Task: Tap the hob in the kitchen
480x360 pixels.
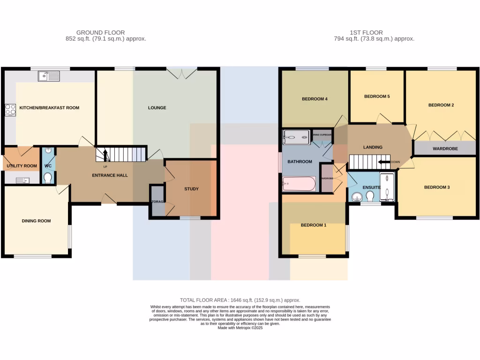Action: coord(10,110)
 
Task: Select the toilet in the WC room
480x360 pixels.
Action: coord(47,178)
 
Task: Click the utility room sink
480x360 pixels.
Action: coord(23,180)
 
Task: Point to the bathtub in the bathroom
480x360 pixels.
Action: coord(299,184)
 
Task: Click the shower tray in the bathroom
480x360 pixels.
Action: coord(296,137)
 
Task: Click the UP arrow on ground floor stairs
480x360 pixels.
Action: coord(105,155)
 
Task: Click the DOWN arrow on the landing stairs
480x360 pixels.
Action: coord(385,162)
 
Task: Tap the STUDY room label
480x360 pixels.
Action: coord(191,189)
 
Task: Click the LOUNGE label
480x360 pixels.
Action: coord(157,108)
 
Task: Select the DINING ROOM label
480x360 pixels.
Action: coord(36,221)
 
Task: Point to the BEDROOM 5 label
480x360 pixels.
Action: coord(377,97)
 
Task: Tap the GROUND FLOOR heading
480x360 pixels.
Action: coord(100,32)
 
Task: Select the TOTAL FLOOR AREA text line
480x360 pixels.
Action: coord(240,300)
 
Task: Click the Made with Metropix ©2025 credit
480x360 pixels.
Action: coord(240,328)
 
